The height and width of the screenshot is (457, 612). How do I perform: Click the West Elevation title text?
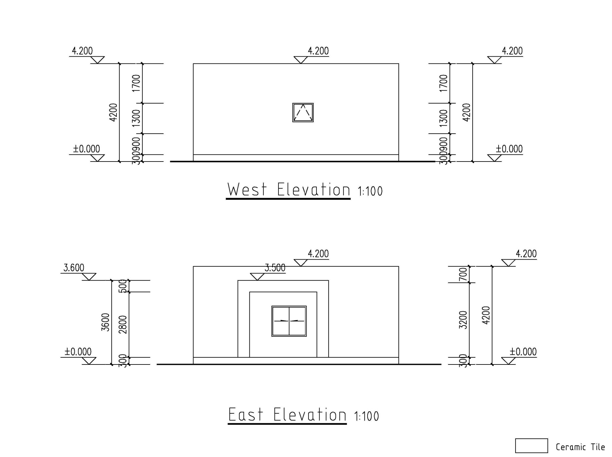pos(288,190)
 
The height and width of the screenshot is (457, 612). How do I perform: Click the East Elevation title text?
pos(287,415)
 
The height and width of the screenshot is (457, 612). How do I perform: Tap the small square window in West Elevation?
pos(303,113)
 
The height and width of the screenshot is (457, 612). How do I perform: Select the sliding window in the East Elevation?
pos(289,321)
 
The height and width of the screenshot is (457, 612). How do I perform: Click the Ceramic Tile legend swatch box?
pos(531,446)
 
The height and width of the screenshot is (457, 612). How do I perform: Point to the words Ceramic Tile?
pos(580,447)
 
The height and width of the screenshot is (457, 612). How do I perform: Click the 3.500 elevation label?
pos(275,268)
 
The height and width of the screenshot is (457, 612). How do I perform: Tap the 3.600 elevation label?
pos(74,268)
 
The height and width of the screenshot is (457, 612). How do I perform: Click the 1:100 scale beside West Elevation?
pos(370,191)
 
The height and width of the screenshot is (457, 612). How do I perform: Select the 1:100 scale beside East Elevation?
pos(366,416)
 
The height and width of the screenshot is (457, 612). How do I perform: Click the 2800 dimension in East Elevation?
pos(123,324)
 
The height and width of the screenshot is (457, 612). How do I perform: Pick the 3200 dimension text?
pos(463,320)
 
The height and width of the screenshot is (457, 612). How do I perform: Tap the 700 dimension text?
pos(463,274)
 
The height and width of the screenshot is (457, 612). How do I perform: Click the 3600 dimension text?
pos(106,322)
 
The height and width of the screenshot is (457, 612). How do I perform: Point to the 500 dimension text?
pos(123,286)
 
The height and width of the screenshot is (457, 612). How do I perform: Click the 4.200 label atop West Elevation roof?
pos(318,51)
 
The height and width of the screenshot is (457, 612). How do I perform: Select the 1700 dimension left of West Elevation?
pos(136,83)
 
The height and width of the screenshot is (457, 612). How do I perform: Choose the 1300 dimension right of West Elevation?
pos(443,118)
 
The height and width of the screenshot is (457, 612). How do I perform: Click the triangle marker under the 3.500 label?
pos(257,277)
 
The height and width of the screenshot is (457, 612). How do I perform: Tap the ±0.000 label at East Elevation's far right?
pos(523,352)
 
